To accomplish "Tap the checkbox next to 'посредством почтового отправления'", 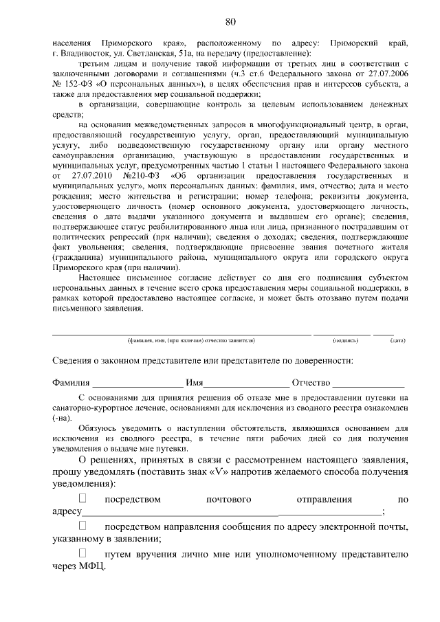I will coord(84,498).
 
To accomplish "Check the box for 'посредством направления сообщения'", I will coord(84,526).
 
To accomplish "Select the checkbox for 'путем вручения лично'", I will coord(84,553).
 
